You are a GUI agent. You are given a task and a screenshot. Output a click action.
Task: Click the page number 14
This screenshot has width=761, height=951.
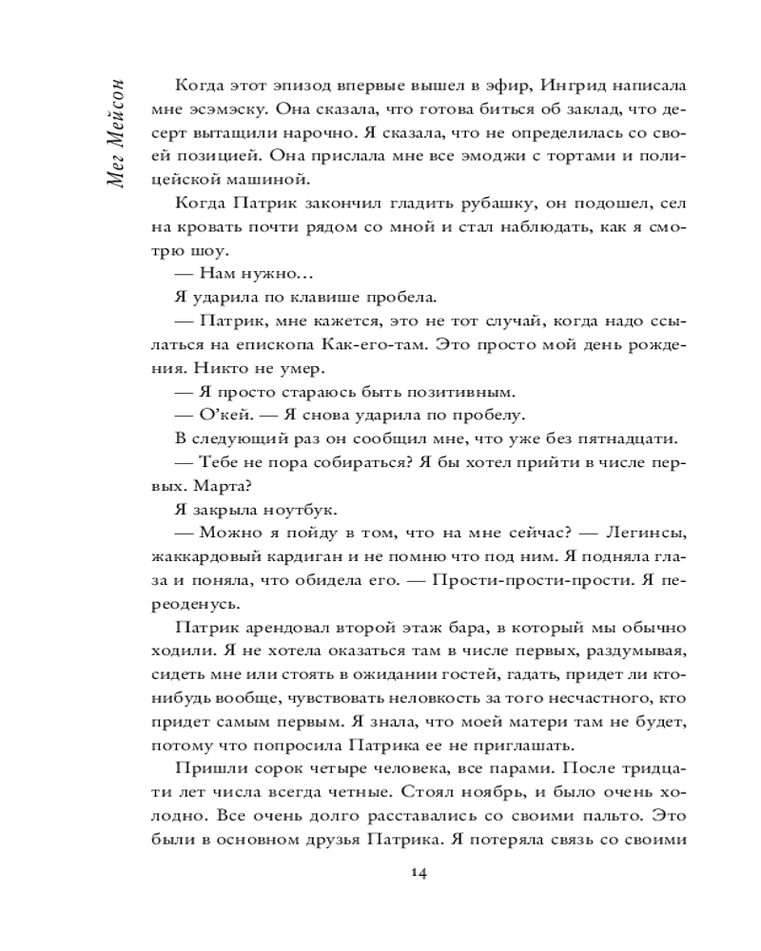pos(418,874)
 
